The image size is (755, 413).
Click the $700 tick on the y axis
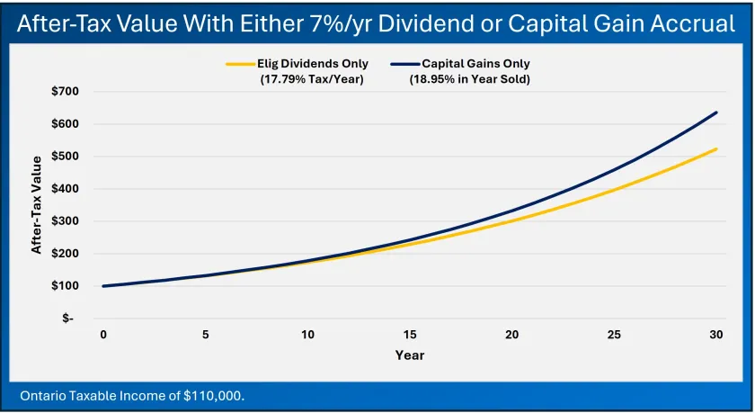pyautogui.click(x=67, y=92)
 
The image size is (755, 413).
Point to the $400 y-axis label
pyautogui.click(x=67, y=189)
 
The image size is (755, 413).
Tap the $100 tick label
pyautogui.click(x=67, y=286)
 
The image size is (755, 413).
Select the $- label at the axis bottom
pyautogui.click(x=69, y=319)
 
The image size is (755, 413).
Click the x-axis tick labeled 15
pyautogui.click(x=410, y=335)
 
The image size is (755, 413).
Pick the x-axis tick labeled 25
pyautogui.click(x=614, y=335)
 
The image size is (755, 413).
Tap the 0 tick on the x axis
pyautogui.click(x=103, y=335)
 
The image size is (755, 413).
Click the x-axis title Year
pyautogui.click(x=410, y=355)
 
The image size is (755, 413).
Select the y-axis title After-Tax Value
pyautogui.click(x=37, y=205)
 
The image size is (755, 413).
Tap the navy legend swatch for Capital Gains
pyautogui.click(x=405, y=64)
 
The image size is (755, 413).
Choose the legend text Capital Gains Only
pyautogui.click(x=475, y=64)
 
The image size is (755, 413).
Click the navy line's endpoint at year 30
pyautogui.click(x=716, y=112)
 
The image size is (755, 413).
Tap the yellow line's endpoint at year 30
pyautogui.click(x=716, y=148)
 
